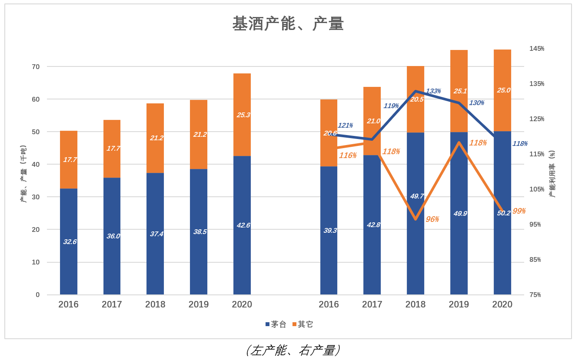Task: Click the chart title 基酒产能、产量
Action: [x=288, y=24]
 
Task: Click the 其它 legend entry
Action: [x=302, y=324]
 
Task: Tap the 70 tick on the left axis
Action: [x=35, y=66]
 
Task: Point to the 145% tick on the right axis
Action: [x=536, y=49]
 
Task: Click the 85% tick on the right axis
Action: [x=535, y=260]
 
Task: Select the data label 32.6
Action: [x=70, y=242]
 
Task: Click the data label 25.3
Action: [x=243, y=115]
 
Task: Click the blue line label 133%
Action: [x=433, y=91]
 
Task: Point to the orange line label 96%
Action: [x=432, y=219]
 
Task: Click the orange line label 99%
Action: [x=519, y=211]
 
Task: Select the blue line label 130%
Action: [x=476, y=103]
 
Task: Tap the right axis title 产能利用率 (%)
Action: [x=552, y=174]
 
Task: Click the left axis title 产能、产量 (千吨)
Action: [x=23, y=174]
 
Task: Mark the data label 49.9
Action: [x=460, y=214]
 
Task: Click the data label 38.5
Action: [x=199, y=232]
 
